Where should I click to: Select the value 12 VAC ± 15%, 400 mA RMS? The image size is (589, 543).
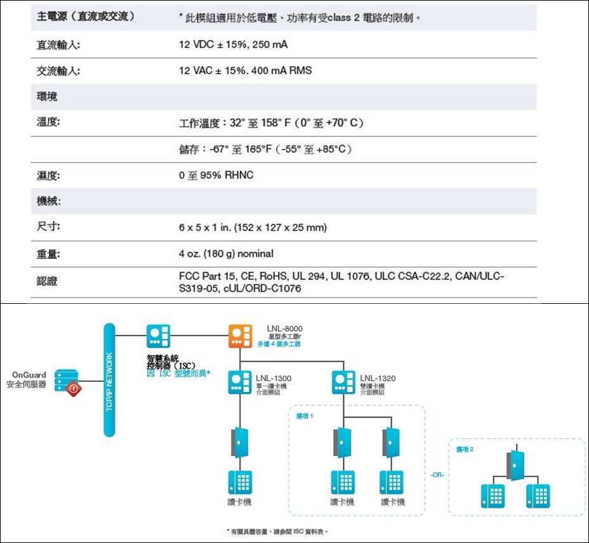245,70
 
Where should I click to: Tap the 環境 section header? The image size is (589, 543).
48,96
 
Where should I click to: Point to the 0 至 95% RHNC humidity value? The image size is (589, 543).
216,175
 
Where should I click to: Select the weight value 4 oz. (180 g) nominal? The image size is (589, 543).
226,254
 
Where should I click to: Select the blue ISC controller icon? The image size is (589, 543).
158,337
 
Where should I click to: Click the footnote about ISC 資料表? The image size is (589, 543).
278,532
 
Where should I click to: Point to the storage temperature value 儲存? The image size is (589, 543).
265,149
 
